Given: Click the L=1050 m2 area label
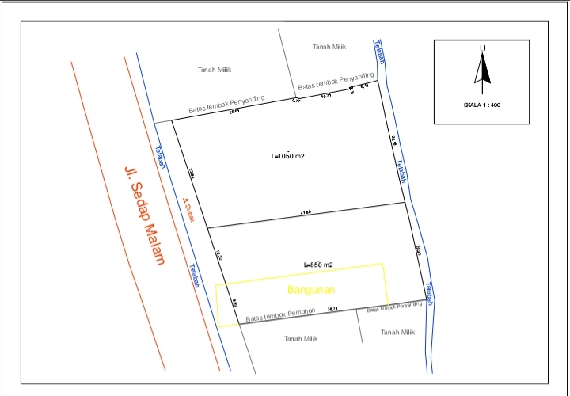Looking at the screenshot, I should click(288, 156).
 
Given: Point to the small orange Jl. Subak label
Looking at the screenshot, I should click(188, 211).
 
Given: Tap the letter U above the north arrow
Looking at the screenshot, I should click(481, 49).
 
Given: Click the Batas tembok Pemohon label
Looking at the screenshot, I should click(280, 314).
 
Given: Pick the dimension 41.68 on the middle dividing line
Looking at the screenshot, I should click(304, 211).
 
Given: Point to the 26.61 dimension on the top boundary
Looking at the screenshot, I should click(234, 112).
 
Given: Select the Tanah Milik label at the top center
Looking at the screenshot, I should click(329, 48).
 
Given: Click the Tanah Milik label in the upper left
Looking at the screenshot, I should click(214, 70).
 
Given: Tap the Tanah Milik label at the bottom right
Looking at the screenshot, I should click(397, 333).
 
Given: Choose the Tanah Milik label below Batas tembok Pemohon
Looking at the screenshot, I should click(300, 337).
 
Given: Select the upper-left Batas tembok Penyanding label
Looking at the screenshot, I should click(226, 105).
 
